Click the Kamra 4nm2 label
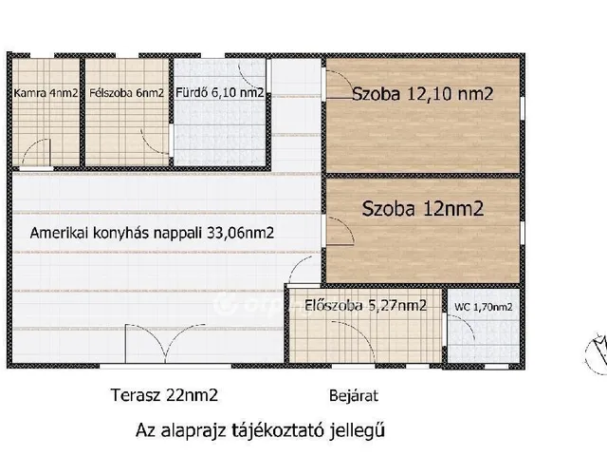click(45, 93)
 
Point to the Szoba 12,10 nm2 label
click(422, 94)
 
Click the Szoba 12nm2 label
click(422, 210)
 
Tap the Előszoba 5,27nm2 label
click(365, 305)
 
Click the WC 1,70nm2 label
click(484, 306)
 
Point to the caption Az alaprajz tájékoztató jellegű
click(261, 430)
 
